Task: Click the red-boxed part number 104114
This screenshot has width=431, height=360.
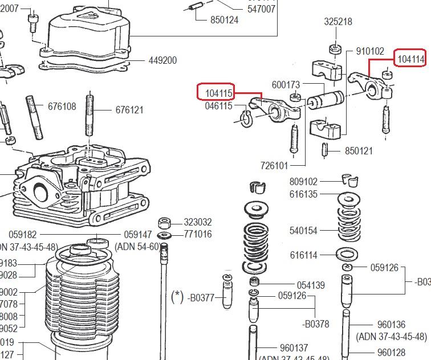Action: (410, 59)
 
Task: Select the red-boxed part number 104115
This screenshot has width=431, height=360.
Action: (218, 92)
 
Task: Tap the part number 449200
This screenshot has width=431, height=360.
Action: (162, 60)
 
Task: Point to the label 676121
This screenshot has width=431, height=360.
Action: (129, 109)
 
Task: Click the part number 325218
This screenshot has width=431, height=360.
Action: (338, 22)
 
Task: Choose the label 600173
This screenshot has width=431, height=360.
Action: (286, 84)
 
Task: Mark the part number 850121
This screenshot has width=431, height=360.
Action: (359, 151)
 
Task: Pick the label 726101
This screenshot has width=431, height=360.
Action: (275, 166)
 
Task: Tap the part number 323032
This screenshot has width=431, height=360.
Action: (198, 223)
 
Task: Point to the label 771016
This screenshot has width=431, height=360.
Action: (198, 234)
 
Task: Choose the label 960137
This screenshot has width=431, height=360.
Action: (294, 347)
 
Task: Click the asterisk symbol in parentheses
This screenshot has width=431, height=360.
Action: (177, 297)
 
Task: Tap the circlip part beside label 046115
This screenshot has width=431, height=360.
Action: (246, 120)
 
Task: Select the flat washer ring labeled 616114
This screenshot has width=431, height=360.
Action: (348, 254)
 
